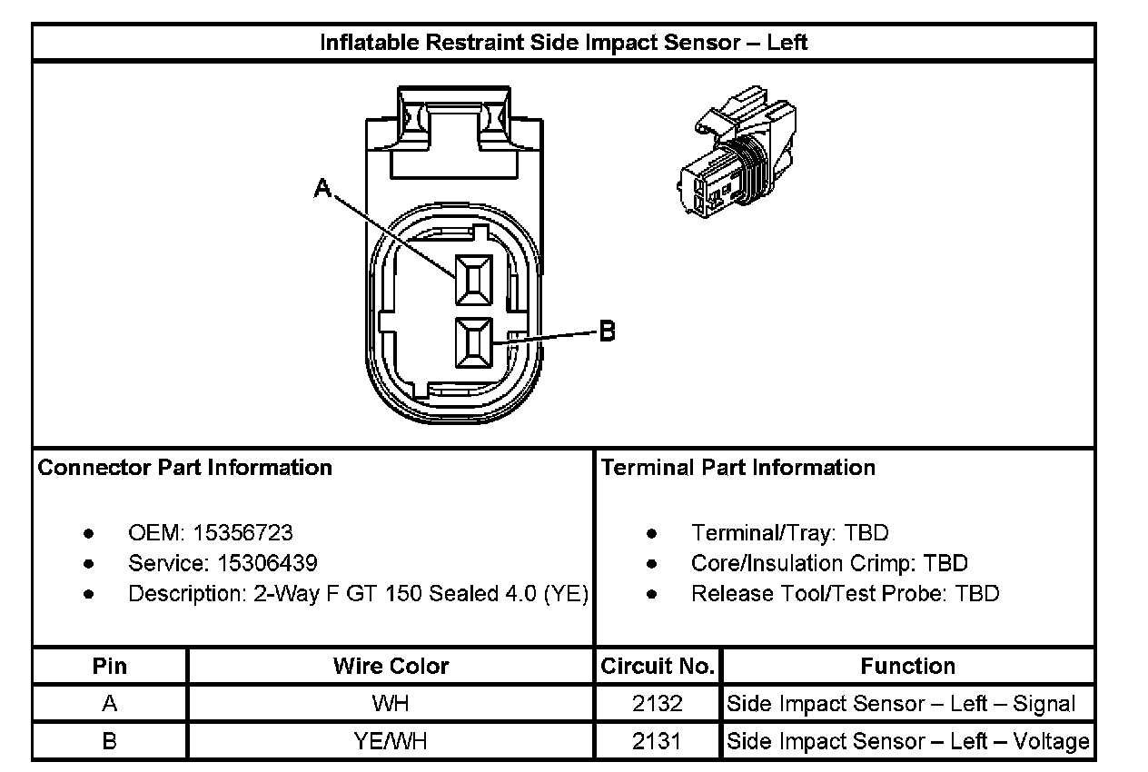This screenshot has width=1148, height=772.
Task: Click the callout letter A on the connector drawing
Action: [322, 188]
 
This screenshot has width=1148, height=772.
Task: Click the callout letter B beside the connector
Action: [608, 332]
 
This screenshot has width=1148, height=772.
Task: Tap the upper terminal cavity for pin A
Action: [473, 279]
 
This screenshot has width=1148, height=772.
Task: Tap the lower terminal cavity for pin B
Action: [473, 343]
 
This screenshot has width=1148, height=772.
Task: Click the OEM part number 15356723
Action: [242, 533]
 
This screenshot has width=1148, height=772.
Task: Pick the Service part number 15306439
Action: [267, 563]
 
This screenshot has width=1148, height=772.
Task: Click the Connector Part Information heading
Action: [185, 468]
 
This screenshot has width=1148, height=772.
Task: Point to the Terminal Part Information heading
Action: [738, 468]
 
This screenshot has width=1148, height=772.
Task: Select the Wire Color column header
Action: [391, 666]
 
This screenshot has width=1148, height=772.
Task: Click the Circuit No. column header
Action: [658, 666]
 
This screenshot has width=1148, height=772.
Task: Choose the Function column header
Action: [907, 666]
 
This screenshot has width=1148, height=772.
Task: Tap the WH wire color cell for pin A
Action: [391, 704]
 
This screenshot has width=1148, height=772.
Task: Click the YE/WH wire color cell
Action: [391, 741]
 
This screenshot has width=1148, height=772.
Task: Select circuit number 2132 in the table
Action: [658, 704]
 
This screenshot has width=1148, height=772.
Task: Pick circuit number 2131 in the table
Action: [658, 741]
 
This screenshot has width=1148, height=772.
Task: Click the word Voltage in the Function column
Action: [1051, 741]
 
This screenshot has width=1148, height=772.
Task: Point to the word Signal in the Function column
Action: [1042, 704]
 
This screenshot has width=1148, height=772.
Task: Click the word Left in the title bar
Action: [787, 43]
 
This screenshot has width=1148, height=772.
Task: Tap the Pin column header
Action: [110, 666]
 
